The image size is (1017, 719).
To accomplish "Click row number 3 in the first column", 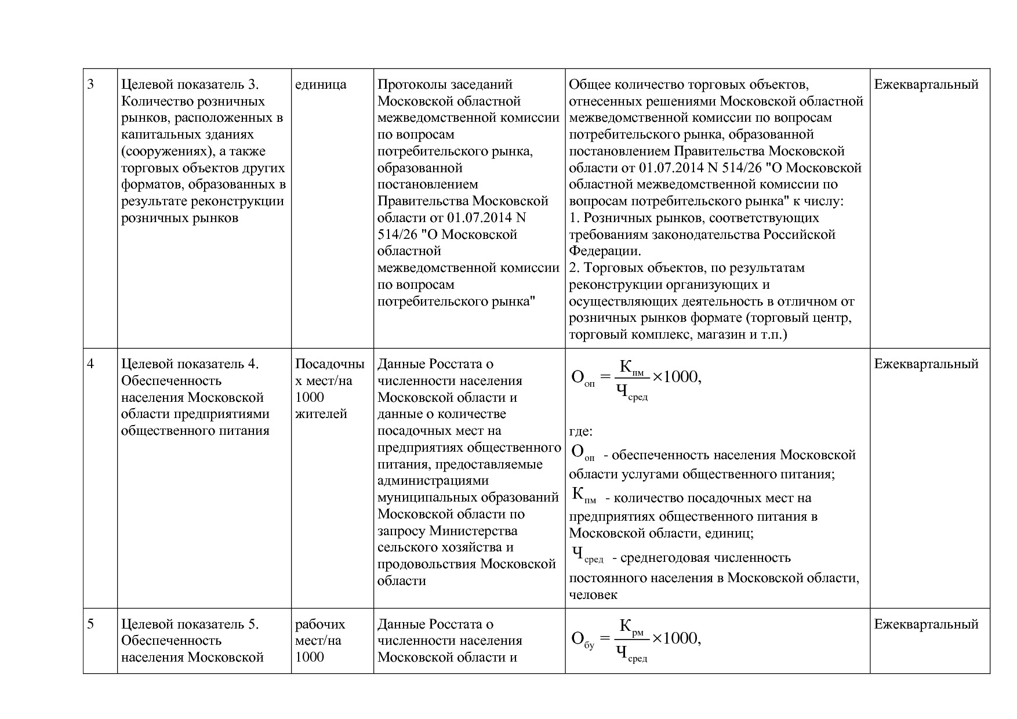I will [x=91, y=85].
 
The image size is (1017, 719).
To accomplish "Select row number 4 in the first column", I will [x=91, y=364].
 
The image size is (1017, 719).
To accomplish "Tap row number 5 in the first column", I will [x=91, y=624].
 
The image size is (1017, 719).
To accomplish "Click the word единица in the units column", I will [x=321, y=85].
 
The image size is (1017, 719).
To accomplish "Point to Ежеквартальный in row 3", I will [x=926, y=85].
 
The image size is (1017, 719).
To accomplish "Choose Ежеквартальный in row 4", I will [x=926, y=364].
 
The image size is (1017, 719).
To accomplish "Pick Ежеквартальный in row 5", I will [x=926, y=624].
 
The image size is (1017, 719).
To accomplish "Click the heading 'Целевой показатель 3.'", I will [x=190, y=85].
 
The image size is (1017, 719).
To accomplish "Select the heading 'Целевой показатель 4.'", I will [x=190, y=364].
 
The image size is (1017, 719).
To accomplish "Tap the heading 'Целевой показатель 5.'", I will [x=190, y=624].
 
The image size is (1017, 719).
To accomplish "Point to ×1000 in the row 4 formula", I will [x=676, y=377].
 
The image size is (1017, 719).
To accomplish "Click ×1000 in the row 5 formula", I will [x=676, y=638].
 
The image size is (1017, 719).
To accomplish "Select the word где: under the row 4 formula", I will [x=580, y=432].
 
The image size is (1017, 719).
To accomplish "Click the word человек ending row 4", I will [x=593, y=595].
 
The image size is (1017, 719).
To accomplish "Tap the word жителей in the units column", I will [x=321, y=414].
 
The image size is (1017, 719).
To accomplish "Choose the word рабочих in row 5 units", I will [x=320, y=624].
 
